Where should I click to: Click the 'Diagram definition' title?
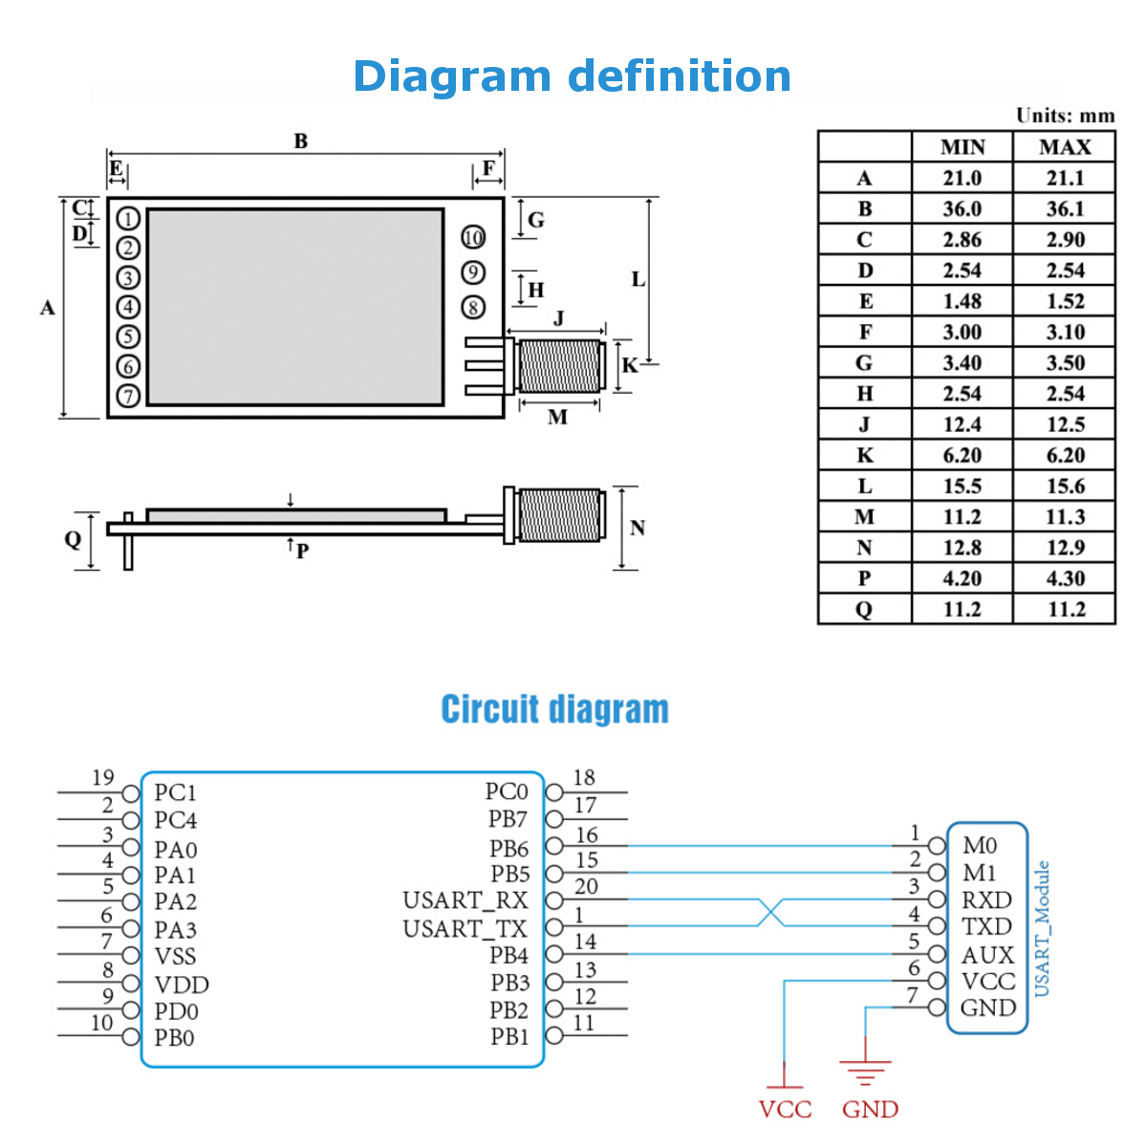click(572, 76)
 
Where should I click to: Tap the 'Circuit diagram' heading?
click(554, 709)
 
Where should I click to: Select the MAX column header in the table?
click(1064, 147)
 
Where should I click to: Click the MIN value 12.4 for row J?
click(962, 424)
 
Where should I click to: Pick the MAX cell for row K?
click(1064, 455)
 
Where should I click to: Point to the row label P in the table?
click(864, 578)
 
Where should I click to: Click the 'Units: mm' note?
click(1065, 116)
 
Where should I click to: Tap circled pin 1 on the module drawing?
click(128, 219)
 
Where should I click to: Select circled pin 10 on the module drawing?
click(473, 238)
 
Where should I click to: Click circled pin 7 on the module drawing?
click(128, 396)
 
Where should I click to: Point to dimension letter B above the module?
click(301, 141)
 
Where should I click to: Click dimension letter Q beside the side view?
click(73, 539)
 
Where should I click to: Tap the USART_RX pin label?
click(465, 900)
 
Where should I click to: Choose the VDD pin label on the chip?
click(182, 985)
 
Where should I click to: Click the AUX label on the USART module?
click(987, 955)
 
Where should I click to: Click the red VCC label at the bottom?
click(785, 1110)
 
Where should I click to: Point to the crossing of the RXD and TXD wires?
click(770, 913)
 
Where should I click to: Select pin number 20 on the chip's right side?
click(586, 887)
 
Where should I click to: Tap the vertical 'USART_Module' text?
click(1042, 928)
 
